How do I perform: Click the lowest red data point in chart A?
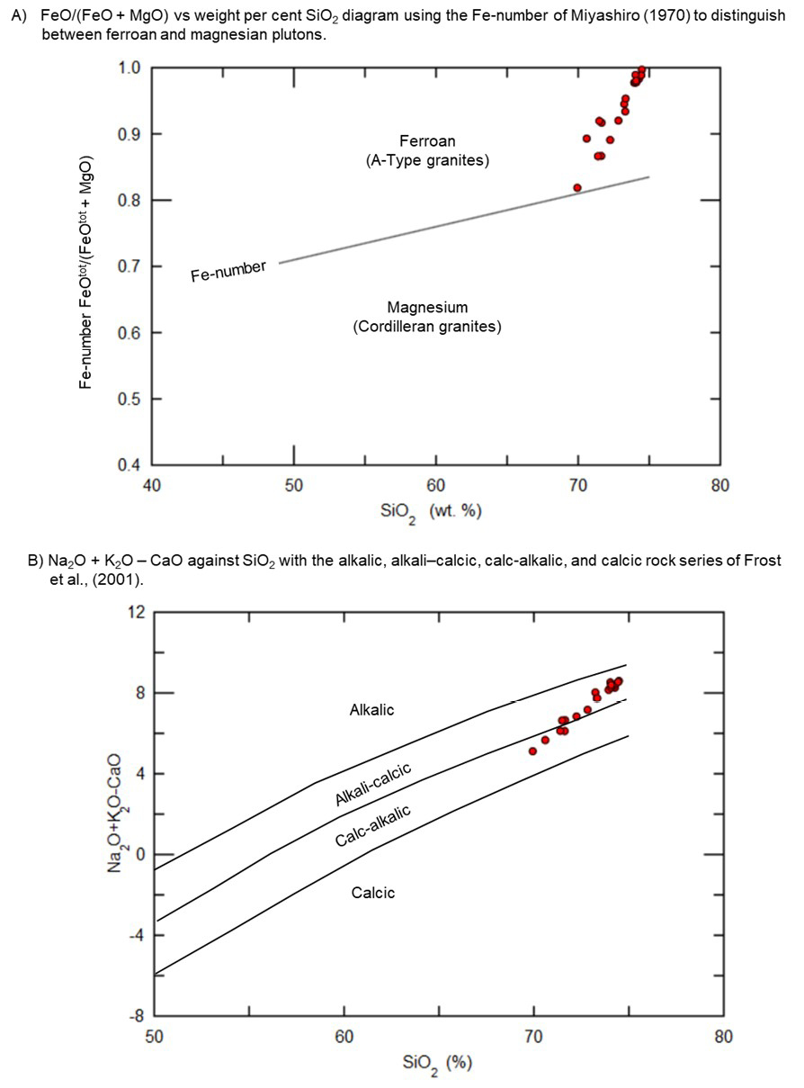point(577,188)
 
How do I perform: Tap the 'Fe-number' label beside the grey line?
point(228,271)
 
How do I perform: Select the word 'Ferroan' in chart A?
point(427,141)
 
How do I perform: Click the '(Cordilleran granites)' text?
point(427,327)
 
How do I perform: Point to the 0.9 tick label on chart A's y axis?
point(128,134)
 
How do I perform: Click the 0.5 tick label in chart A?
point(128,399)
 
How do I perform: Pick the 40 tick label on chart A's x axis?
point(151,485)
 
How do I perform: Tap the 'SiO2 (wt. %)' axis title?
point(431,513)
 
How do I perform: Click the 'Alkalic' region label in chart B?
point(371,710)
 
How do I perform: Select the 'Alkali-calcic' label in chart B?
point(373,785)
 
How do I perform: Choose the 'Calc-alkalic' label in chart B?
point(373,826)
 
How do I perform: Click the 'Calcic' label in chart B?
point(373,893)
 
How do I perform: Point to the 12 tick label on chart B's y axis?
point(137,612)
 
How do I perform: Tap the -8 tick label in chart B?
point(138,1016)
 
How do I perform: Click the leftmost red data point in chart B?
point(532,751)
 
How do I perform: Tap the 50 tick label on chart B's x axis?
point(155,1036)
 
